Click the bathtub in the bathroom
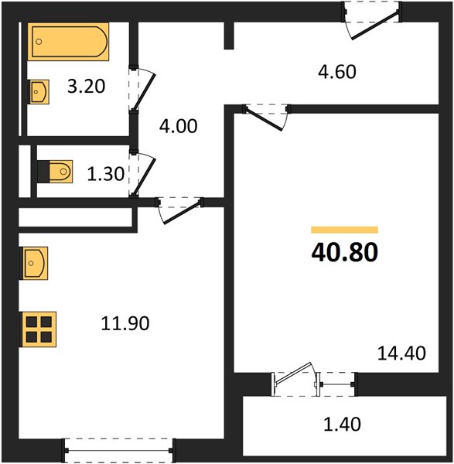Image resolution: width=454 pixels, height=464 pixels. point(68,42)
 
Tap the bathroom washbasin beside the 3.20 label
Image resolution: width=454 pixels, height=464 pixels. point(39,92)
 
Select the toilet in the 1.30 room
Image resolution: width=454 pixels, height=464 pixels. point(56,172)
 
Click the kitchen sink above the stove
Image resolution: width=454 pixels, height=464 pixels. point(33,263)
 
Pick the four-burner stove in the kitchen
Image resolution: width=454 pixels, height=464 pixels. point(38,329)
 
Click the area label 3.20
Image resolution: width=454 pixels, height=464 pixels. point(86,87)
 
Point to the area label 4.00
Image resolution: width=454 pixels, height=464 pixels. point(178,126)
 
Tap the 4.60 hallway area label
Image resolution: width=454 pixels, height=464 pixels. point(337,72)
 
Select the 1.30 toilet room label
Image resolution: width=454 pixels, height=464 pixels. point(106,174)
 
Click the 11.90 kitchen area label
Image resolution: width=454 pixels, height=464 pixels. point(125,323)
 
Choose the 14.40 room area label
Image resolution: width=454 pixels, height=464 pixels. point(401,353)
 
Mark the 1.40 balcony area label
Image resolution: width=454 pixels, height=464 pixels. point(342,424)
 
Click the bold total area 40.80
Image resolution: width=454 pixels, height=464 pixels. point(345,252)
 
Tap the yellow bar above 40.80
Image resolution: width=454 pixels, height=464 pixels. point(344,230)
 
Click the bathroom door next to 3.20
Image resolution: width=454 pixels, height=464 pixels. point(142,90)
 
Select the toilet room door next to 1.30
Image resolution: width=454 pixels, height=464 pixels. point(142,174)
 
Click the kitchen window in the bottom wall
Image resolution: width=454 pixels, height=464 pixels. point(118,450)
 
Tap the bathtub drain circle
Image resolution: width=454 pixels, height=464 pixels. point(39,42)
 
